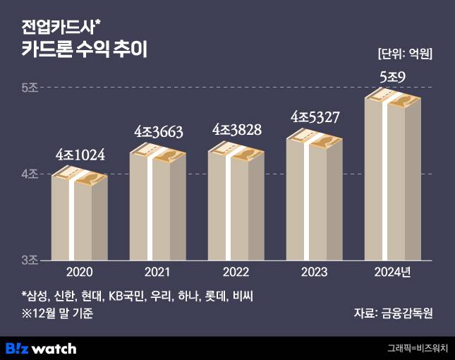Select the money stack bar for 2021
coord(157,205)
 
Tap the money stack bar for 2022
coord(236,205)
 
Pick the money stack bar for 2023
coord(314,198)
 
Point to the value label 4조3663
coord(159,132)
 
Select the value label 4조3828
coord(237,130)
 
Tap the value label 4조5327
coord(315,116)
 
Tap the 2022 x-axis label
coord(236,272)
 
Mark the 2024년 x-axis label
coord(392,272)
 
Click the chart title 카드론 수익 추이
coord(84,50)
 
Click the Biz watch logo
coord(41,348)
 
